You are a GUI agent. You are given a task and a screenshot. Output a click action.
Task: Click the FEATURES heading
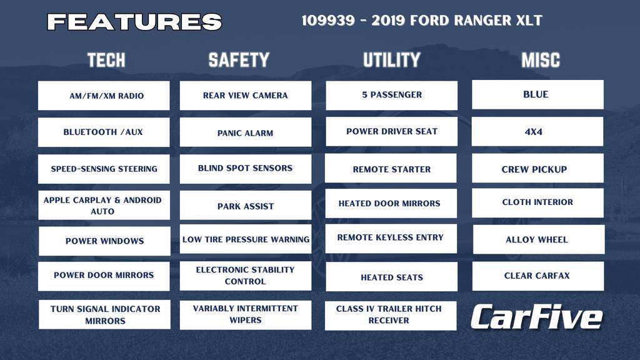tap(134, 22)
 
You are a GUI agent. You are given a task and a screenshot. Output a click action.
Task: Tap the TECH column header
tap(106, 60)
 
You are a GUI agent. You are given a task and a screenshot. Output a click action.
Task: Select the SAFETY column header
tap(239, 60)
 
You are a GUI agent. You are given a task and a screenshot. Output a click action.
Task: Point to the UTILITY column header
tap(392, 60)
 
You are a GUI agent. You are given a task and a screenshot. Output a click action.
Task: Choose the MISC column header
tap(541, 60)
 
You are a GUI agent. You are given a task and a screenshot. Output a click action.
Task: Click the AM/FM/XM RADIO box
tap(104, 96)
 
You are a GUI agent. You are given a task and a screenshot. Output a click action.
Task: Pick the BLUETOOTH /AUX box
tap(104, 132)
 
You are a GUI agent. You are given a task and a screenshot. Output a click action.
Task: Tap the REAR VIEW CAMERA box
tap(246, 96)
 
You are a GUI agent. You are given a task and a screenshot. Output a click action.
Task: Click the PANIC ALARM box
tap(246, 132)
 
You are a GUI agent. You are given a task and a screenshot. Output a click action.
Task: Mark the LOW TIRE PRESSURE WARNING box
tap(246, 239)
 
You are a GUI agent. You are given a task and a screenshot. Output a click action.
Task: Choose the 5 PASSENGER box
tap(392, 95)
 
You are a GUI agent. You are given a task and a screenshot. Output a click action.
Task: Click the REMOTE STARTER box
tap(392, 169)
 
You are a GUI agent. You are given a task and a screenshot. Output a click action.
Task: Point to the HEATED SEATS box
tap(392, 277)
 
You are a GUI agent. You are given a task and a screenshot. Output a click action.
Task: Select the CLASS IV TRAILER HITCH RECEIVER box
tap(391, 315)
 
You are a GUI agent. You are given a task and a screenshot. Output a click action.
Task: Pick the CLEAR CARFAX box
tap(537, 276)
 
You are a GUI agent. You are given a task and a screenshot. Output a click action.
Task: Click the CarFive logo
tap(536, 317)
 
